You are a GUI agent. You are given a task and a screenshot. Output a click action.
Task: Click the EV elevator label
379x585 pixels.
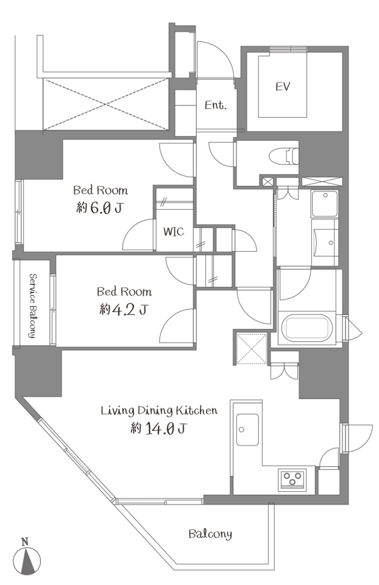[x=283, y=87]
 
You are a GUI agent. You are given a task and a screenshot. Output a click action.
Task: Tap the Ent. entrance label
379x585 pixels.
[x=215, y=105]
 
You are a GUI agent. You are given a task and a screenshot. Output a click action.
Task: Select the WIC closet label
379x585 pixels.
[x=174, y=232]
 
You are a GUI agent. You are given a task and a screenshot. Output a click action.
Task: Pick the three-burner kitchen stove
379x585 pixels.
[x=292, y=479]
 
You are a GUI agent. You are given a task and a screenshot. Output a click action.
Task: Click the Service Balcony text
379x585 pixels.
[x=32, y=305]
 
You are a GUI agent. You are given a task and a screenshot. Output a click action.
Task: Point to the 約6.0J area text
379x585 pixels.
[x=99, y=207]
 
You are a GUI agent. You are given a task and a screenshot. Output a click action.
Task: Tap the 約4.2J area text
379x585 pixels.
[x=123, y=309]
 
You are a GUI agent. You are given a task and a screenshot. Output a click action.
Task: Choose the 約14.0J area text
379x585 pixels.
[x=158, y=428]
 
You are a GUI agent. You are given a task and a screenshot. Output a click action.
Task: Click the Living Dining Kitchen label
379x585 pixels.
[x=159, y=411]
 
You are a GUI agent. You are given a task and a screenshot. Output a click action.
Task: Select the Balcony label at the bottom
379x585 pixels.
[x=210, y=534]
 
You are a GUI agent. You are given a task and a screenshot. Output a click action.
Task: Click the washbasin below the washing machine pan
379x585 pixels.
[x=325, y=243]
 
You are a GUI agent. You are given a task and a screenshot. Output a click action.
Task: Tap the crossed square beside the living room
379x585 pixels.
[x=252, y=349]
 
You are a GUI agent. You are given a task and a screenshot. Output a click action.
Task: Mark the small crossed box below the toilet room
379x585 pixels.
[x=267, y=182]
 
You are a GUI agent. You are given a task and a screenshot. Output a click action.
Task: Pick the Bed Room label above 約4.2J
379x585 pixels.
[x=124, y=291]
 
